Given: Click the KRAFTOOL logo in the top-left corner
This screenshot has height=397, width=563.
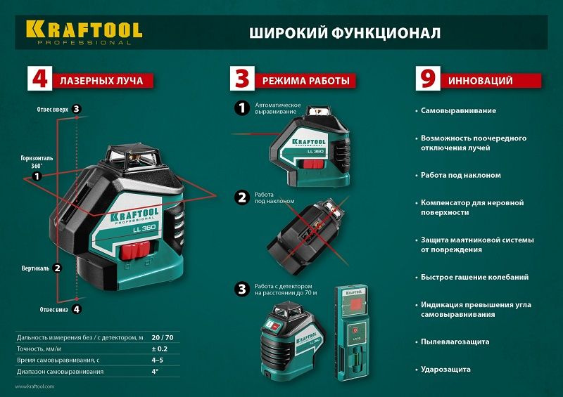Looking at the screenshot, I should [x=84, y=31].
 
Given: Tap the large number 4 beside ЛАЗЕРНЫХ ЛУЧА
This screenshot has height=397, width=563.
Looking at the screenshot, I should [x=39, y=79].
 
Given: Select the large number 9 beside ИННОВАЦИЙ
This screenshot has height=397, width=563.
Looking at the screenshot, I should [x=427, y=79].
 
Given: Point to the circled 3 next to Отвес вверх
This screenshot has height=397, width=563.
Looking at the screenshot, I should [x=77, y=109].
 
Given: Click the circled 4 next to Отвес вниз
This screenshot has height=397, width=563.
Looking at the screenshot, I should [x=77, y=308].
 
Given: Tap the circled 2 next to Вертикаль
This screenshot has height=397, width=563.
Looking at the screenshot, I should [x=58, y=268].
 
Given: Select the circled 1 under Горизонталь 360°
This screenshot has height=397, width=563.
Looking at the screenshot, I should [x=37, y=178].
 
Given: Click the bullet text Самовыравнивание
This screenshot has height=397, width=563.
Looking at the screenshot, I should [x=458, y=111].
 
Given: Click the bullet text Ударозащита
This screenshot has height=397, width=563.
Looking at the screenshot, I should [x=446, y=369].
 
